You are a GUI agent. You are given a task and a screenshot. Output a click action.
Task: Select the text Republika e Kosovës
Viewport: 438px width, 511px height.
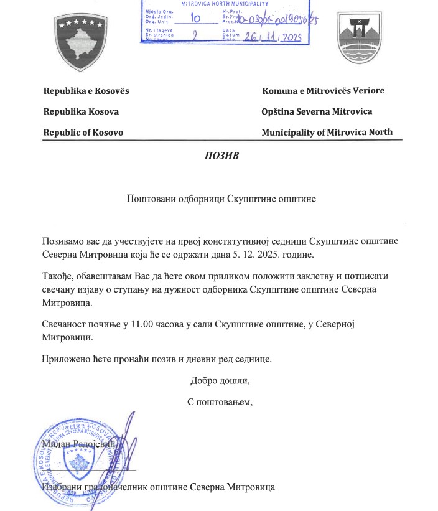[86, 91]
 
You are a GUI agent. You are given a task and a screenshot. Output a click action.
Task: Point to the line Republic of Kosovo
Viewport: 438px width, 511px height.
[83, 133]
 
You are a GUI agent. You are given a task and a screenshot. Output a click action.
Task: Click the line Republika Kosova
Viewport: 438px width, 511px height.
[81, 111]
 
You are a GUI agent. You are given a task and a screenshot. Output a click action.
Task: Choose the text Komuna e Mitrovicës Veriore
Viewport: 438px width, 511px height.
[324, 91]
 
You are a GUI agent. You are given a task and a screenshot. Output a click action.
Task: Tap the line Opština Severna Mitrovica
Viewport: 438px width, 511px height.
[317, 111]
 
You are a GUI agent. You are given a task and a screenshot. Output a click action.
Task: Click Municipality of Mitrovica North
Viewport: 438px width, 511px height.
[327, 133]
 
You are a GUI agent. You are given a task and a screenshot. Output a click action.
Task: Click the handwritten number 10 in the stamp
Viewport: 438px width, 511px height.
[195, 19]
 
